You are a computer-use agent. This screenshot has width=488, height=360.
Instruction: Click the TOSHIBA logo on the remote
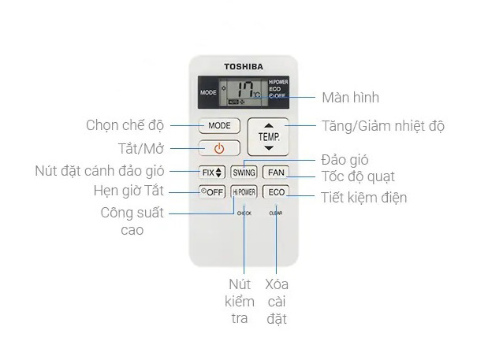pos(244,67)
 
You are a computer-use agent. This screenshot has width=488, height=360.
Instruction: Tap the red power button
pos(219,148)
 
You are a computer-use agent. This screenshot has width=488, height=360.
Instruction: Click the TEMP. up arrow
pos(269,125)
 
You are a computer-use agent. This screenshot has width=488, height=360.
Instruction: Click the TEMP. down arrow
pos(269,147)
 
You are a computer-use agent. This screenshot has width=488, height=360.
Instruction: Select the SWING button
pos(244,172)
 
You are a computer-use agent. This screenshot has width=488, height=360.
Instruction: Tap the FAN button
pos(276,172)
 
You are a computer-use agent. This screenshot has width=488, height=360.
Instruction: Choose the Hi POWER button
pos(244,192)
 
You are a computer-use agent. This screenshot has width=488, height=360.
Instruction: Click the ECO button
pos(276,192)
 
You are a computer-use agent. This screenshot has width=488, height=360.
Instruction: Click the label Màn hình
pos(350,98)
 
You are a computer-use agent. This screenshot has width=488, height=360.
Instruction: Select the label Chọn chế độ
pos(125,125)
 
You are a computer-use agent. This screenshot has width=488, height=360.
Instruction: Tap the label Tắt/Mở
pos(136,148)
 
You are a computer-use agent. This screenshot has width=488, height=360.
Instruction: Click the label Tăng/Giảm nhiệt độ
pos(383,126)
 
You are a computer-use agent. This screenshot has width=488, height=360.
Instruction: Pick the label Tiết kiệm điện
pos(364,198)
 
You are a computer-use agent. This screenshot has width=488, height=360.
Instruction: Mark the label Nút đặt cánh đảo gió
pos(99,170)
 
